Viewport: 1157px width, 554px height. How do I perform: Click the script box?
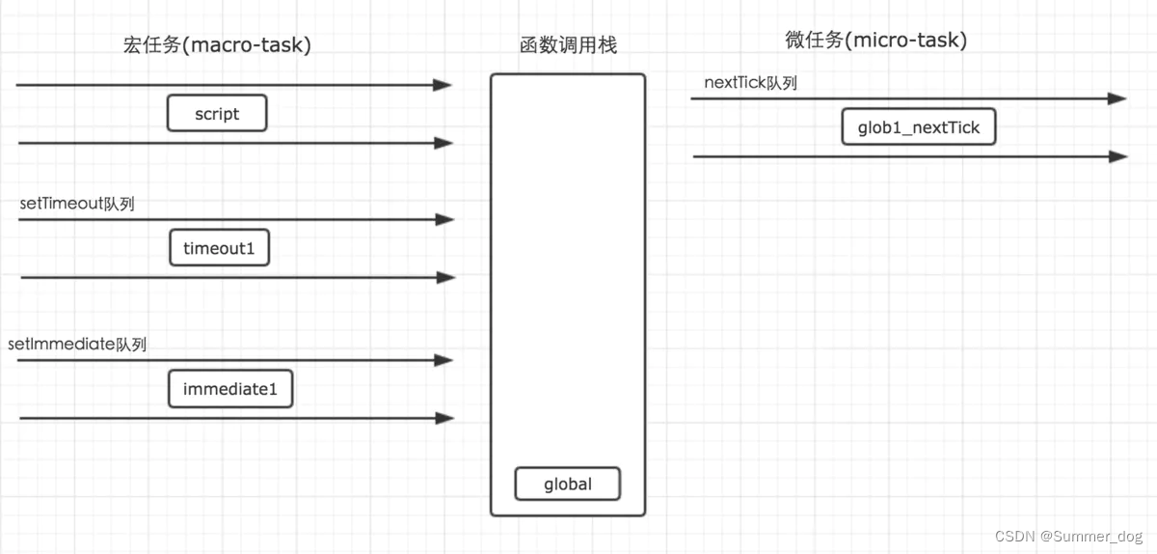pyautogui.click(x=217, y=114)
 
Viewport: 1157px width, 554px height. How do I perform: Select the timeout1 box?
pyautogui.click(x=219, y=248)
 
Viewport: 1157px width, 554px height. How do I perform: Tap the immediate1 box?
pyautogui.click(x=230, y=389)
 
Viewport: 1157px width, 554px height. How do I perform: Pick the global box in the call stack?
pyautogui.click(x=567, y=484)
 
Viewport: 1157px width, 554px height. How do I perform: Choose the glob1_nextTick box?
pyautogui.click(x=918, y=127)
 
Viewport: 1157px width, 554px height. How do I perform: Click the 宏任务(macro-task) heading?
pyautogui.click(x=218, y=44)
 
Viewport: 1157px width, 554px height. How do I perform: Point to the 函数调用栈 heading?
pyautogui.click(x=568, y=44)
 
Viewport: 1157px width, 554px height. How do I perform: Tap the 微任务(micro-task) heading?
pyautogui.click(x=876, y=41)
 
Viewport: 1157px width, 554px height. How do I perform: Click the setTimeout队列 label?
pyautogui.click(x=77, y=204)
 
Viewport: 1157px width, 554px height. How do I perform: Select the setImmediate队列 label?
pyautogui.click(x=77, y=344)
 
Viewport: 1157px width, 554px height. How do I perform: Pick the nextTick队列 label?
pyautogui.click(x=751, y=83)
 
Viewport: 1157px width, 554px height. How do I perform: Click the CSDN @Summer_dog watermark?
pyautogui.click(x=1068, y=536)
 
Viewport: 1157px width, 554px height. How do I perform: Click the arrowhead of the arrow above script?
pyautogui.click(x=443, y=85)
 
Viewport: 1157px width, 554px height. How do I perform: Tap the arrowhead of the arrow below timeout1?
pyautogui.click(x=444, y=277)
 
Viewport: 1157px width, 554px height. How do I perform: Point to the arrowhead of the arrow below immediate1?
pyautogui.click(x=444, y=418)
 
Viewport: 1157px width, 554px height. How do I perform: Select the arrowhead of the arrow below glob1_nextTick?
pyautogui.click(x=1117, y=156)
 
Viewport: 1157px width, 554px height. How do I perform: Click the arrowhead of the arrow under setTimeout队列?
pyautogui.click(x=444, y=219)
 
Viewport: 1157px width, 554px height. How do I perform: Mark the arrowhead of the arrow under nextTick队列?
pyautogui.click(x=1117, y=98)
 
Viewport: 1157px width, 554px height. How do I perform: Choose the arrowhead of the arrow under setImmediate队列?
pyautogui.click(x=444, y=360)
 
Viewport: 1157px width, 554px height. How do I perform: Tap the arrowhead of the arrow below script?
pyautogui.click(x=444, y=143)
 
